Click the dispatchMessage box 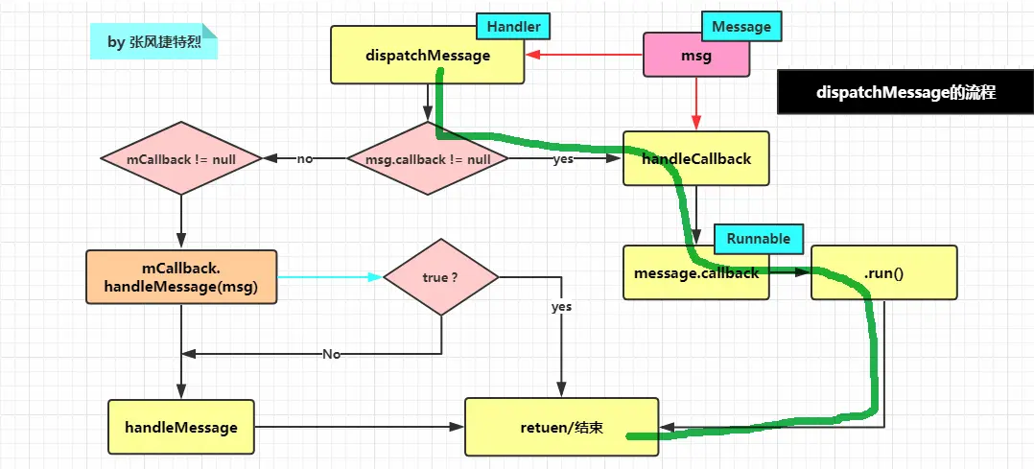tap(427, 55)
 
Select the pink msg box tap(695, 56)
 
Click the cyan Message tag tap(741, 27)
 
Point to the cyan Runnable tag tap(758, 238)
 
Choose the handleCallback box tap(695, 158)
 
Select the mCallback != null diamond tap(181, 158)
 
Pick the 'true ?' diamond tap(440, 277)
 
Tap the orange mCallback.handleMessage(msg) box tap(181, 277)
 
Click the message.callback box tap(695, 272)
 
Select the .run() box tap(883, 273)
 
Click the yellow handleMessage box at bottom tap(181, 427)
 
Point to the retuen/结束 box tap(561, 427)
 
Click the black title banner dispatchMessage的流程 tap(905, 92)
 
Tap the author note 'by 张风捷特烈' tap(153, 42)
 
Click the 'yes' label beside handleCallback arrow tap(563, 159)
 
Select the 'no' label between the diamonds tap(305, 159)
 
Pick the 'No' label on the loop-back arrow tap(331, 354)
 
